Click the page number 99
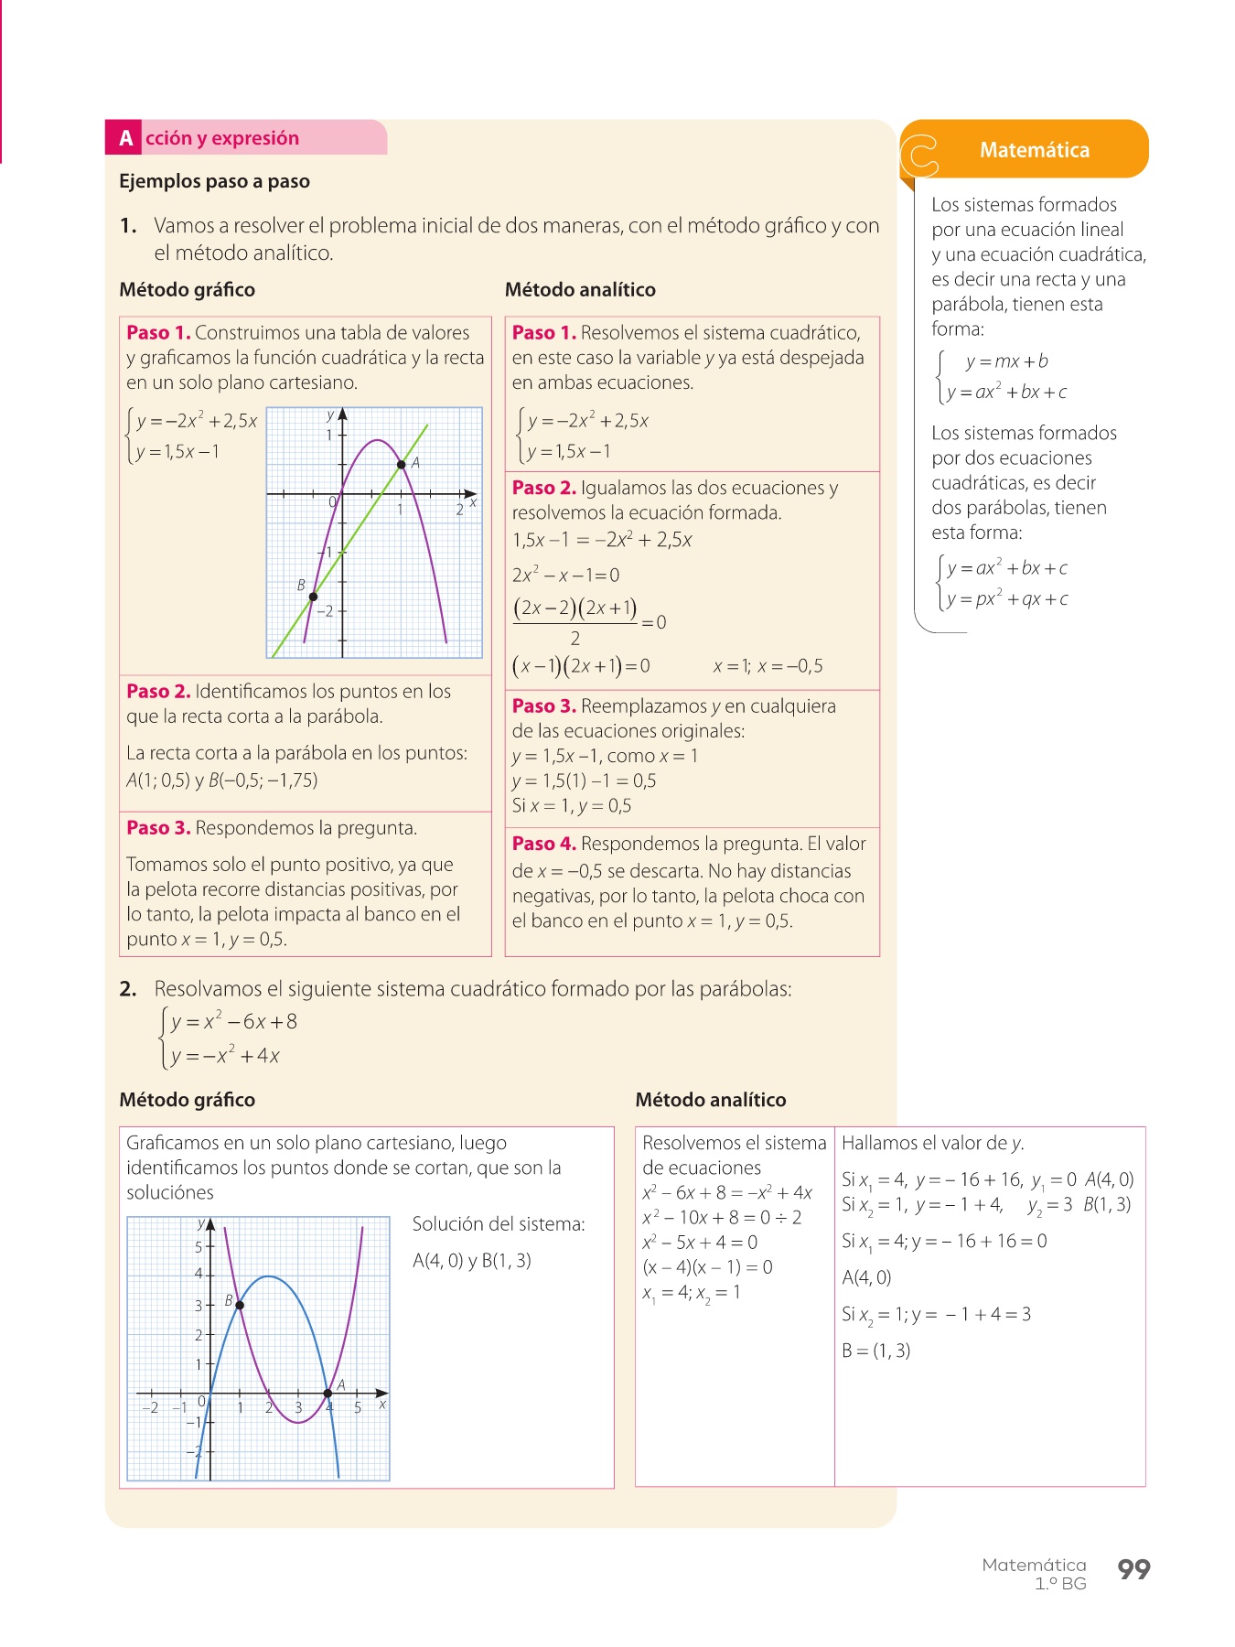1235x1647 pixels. pyautogui.click(x=1133, y=1569)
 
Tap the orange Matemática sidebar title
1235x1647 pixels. pyautogui.click(x=1034, y=150)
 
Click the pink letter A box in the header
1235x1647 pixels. pyautogui.click(x=125, y=138)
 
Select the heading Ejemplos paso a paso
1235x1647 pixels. pyautogui.click(x=214, y=181)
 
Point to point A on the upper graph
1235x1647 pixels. pyautogui.click(x=401, y=465)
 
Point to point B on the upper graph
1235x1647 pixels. pyautogui.click(x=313, y=597)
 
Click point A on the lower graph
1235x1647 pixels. pyautogui.click(x=328, y=1394)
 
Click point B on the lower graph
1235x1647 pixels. pyautogui.click(x=240, y=1305)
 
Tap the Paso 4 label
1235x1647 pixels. pyautogui.click(x=543, y=844)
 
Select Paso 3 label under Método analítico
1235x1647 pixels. pyautogui.click(x=543, y=705)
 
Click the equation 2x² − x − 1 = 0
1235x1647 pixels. pyautogui.click(x=565, y=576)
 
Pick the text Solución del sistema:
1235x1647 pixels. pyautogui.click(x=499, y=1224)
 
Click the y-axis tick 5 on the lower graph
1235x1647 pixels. pyautogui.click(x=199, y=1246)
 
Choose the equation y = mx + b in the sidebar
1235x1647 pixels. pyautogui.click(x=1006, y=361)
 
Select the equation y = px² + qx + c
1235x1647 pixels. pyautogui.click(x=1007, y=599)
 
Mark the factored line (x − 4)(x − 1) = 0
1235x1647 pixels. pyautogui.click(x=707, y=1267)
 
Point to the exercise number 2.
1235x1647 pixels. pyautogui.click(x=128, y=989)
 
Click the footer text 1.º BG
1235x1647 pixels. pyautogui.click(x=1060, y=1584)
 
